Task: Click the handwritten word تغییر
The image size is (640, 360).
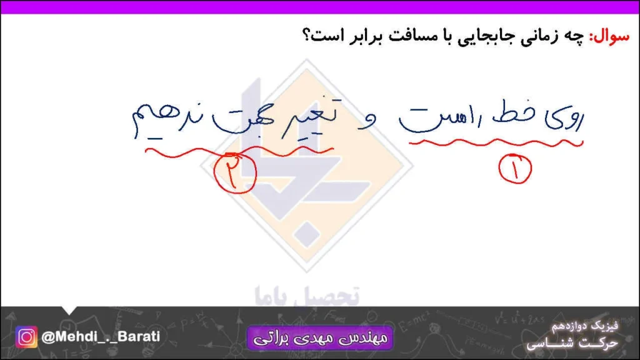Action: (x=312, y=119)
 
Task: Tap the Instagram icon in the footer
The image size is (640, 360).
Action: (x=27, y=337)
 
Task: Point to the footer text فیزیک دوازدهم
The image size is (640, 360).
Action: (x=585, y=327)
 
